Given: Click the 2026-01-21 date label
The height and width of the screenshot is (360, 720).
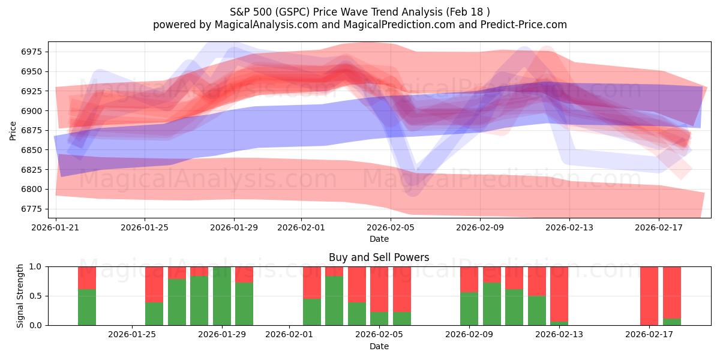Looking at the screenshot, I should click(56, 228).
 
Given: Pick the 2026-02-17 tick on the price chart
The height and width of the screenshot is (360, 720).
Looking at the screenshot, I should click(659, 228).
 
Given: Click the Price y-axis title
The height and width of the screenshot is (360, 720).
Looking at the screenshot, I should click(13, 130).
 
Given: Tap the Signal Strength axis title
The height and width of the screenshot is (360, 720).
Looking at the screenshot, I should click(20, 295).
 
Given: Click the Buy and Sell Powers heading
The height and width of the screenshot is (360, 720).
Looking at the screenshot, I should click(379, 257).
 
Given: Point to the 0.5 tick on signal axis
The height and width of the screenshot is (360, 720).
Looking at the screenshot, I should click(37, 296).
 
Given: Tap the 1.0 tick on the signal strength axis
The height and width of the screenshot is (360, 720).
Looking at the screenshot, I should click(37, 266).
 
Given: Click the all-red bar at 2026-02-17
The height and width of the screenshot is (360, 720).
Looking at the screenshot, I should click(649, 296).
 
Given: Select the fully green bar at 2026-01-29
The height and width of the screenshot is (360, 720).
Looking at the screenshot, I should click(222, 296).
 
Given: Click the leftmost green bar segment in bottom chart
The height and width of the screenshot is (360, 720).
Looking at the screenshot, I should click(87, 307).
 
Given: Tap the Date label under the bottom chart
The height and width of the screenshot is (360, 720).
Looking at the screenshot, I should click(379, 346).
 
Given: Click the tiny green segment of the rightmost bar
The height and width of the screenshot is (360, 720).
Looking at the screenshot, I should click(672, 322).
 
